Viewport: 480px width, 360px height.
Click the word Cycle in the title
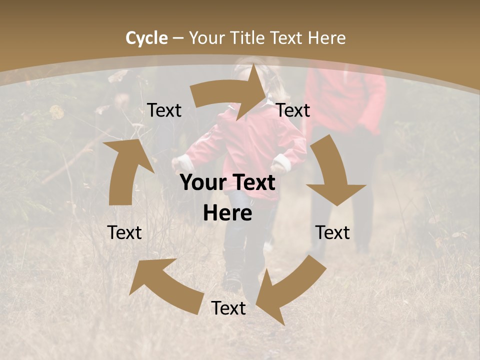146,37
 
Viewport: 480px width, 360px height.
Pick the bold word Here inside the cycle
227,213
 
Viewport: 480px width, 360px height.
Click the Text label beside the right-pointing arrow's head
293,110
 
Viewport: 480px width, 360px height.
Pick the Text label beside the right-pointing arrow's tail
164,110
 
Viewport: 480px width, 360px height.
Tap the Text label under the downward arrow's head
332,232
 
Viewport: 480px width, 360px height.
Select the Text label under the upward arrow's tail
124,232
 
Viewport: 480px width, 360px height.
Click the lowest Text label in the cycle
228,308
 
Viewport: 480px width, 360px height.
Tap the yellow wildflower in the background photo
57,111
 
